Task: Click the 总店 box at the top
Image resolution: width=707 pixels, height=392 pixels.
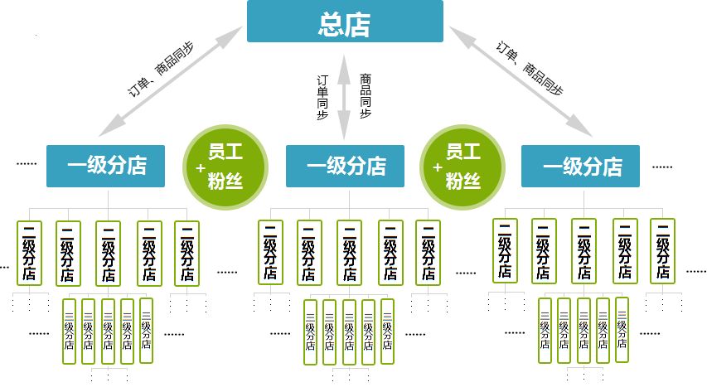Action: tap(345, 22)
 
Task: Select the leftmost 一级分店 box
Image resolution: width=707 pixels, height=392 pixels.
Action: tap(105, 166)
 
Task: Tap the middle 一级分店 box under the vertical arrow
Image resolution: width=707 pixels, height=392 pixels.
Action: tap(345, 166)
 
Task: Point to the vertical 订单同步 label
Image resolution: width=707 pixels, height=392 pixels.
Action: tap(323, 98)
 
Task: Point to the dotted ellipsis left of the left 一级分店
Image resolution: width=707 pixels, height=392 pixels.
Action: tap(27, 164)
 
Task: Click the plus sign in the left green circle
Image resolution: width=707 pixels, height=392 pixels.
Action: tap(201, 167)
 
